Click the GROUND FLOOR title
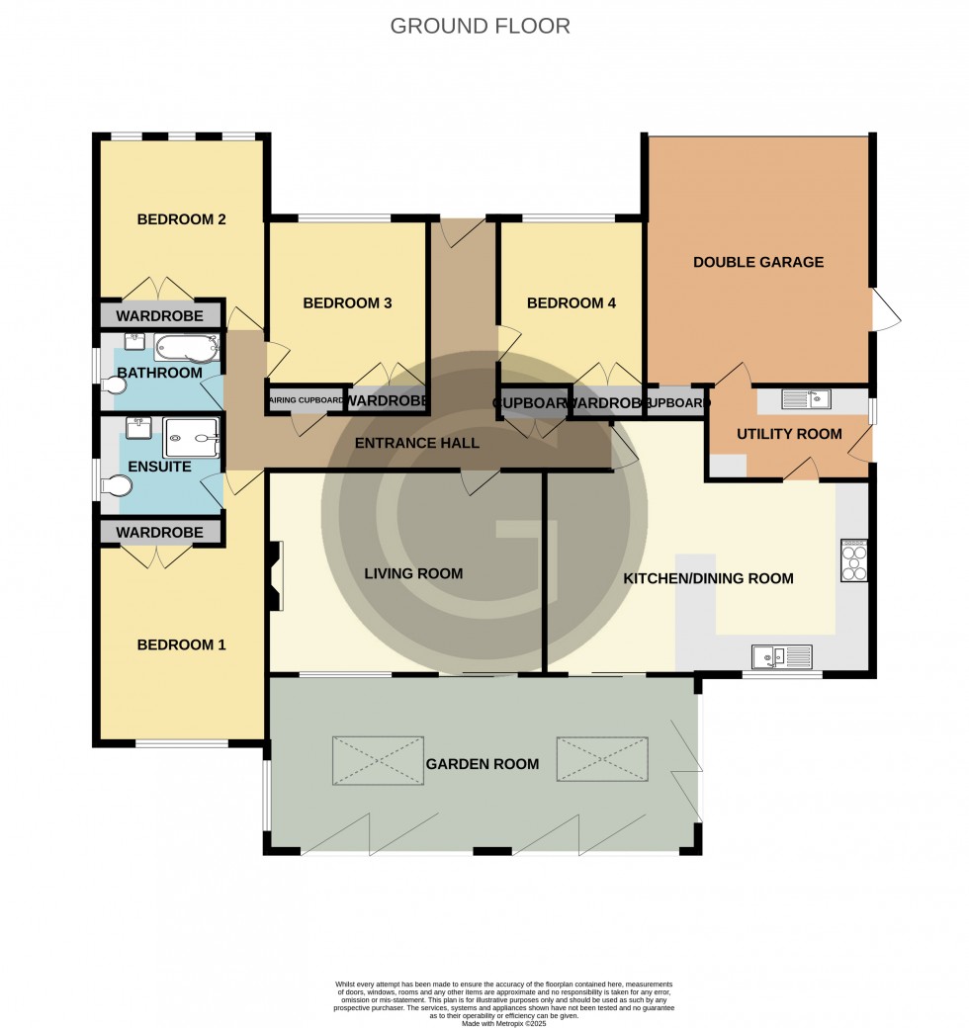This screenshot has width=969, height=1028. [x=480, y=26]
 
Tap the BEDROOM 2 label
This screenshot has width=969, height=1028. [x=181, y=219]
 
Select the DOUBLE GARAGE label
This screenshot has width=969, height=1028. [x=757, y=262]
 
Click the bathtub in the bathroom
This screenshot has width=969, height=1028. [x=186, y=347]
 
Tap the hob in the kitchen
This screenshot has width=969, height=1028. [x=853, y=561]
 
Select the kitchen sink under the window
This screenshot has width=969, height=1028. [x=781, y=655]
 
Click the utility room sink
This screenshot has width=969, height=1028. [x=805, y=399]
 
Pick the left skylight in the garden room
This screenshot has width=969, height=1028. [x=378, y=760]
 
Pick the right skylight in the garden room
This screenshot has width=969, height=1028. [x=601, y=760]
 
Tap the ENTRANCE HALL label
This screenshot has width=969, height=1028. [x=416, y=443]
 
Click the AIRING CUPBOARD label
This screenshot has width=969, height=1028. [x=307, y=400]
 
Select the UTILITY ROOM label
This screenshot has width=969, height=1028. [x=789, y=433]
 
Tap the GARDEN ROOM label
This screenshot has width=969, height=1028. [x=482, y=764]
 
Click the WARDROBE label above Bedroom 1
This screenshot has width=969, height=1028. [x=159, y=533]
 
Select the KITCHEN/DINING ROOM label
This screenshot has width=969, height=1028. [x=707, y=578]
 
